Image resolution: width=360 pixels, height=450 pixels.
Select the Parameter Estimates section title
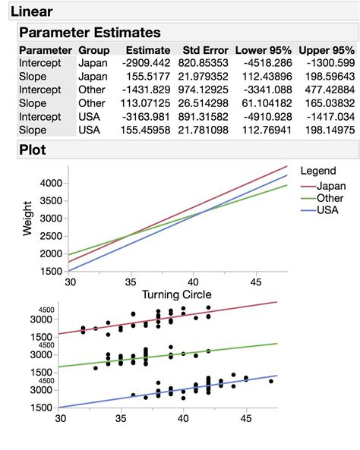89,33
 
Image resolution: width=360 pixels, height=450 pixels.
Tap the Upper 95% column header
327,50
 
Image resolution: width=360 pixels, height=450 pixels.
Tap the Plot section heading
33,150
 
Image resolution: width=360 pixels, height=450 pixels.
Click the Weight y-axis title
27,219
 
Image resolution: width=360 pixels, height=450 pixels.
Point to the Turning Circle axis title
177,294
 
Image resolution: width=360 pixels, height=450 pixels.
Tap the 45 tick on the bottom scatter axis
245,417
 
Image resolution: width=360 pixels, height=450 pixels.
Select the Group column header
93,50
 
